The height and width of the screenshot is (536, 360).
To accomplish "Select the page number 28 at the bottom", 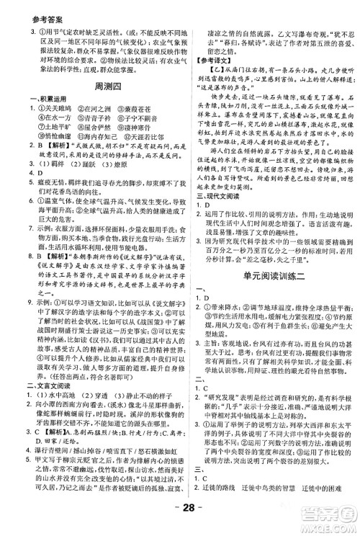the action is [180, 518].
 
